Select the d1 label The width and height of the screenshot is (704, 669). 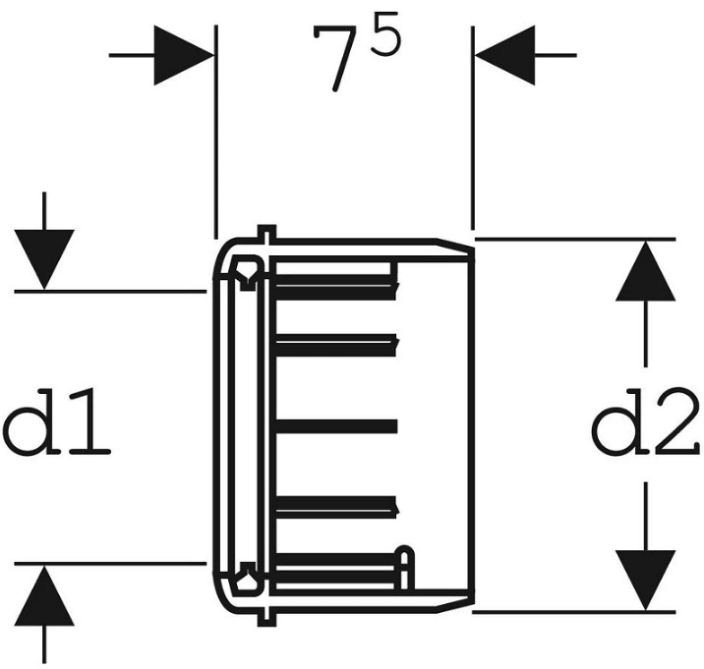[57, 422]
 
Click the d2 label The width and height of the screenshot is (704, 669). [645, 421]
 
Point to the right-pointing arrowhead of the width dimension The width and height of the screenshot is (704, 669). [184, 55]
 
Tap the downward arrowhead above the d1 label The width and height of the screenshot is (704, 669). [44, 259]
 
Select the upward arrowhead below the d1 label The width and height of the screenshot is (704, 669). [44, 595]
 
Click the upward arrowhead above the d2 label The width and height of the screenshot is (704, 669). [646, 271]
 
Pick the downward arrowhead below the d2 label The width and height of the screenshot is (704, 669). [646, 581]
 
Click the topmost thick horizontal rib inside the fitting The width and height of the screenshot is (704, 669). [336, 287]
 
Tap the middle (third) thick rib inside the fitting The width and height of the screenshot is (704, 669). [336, 426]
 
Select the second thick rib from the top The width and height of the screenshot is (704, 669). [336, 345]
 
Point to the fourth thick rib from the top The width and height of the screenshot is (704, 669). [336, 507]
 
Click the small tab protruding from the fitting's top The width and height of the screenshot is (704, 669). [267, 233]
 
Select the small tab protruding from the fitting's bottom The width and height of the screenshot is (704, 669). [267, 617]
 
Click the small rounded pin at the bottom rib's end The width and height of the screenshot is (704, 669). [404, 568]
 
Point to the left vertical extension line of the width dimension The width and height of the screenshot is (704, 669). [216, 132]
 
